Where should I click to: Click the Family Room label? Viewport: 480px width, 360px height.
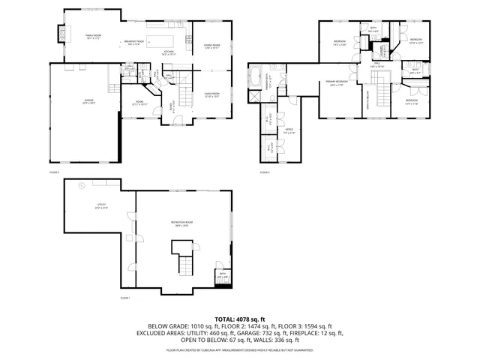[x=93, y=36]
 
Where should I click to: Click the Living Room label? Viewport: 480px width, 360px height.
[x=211, y=94]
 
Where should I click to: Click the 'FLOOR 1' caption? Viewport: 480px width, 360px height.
[x=125, y=298]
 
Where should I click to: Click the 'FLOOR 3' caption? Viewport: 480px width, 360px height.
[x=264, y=172]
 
